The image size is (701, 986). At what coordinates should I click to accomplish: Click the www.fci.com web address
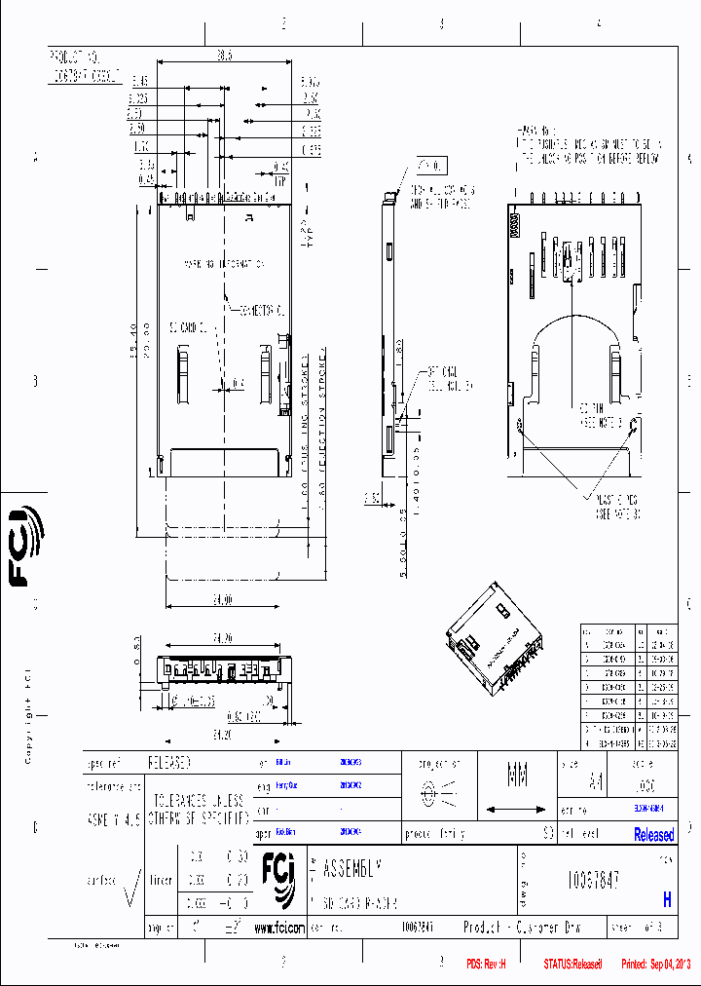point(278,929)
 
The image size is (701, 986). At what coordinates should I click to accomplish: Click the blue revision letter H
point(667,901)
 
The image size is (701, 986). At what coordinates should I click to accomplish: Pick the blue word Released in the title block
point(653,835)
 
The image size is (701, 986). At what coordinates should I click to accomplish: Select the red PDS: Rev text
point(487,964)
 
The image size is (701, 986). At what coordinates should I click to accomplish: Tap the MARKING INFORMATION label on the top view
point(225,264)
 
